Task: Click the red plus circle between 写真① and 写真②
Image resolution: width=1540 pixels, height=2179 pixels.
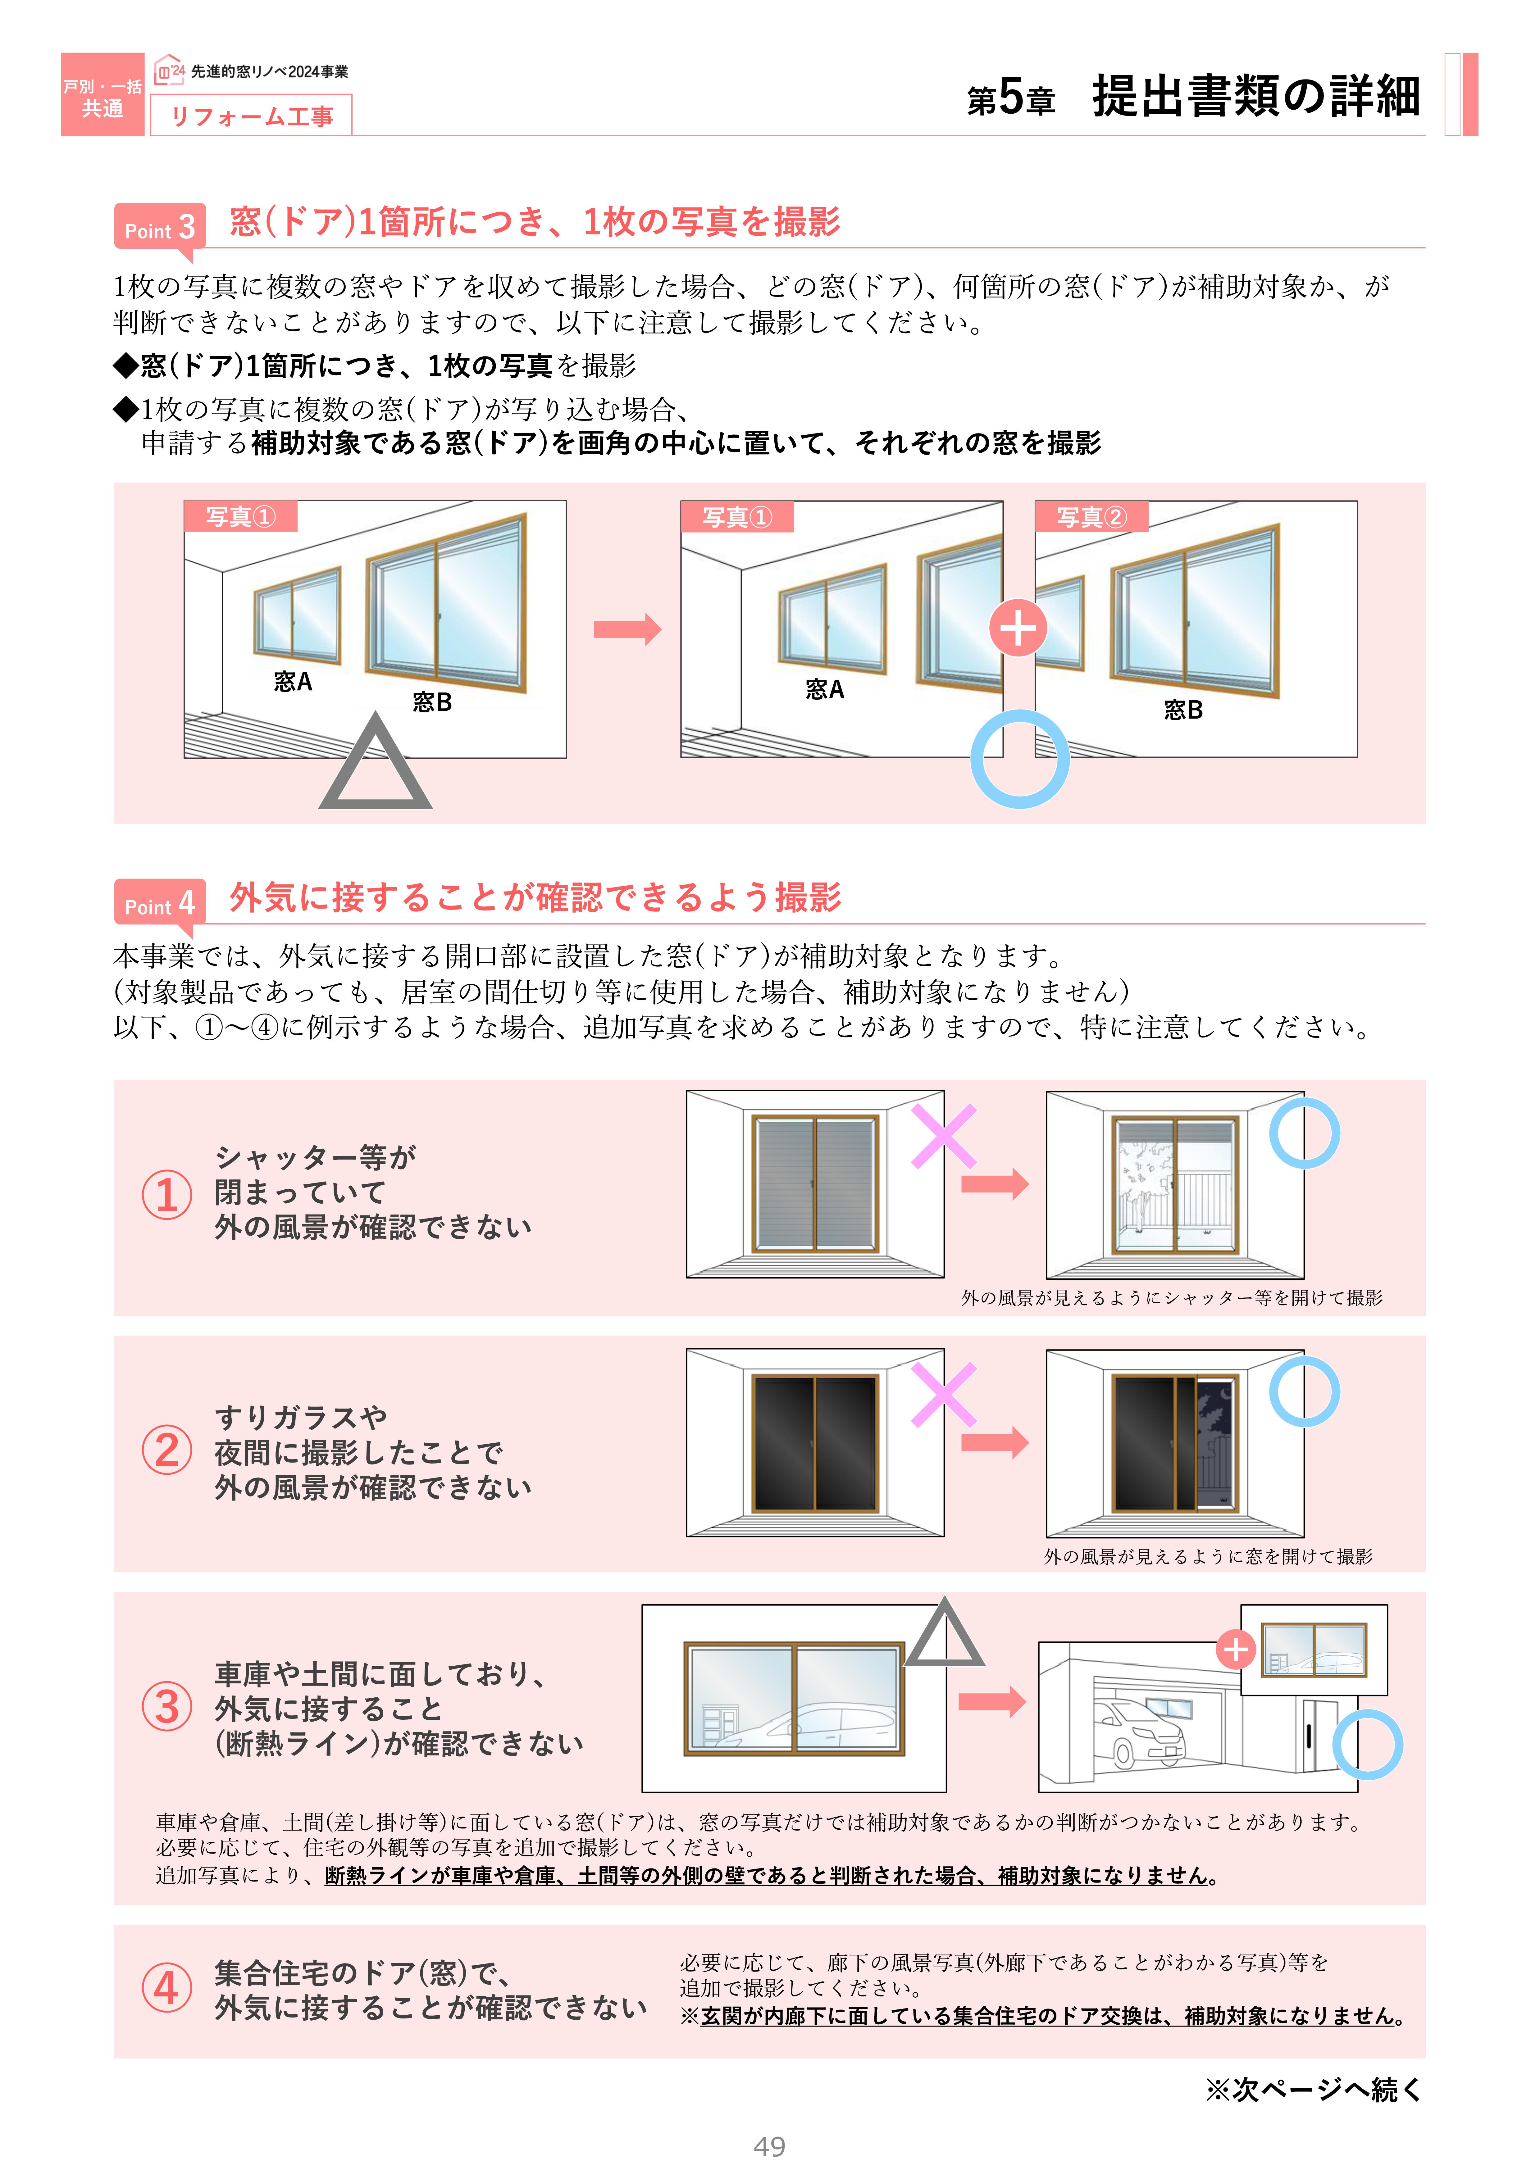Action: [1018, 627]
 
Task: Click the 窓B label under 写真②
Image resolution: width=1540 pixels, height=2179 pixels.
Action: [1183, 710]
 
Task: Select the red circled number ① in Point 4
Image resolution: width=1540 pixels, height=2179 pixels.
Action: [167, 1194]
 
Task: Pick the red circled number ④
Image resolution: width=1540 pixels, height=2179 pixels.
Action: [167, 1987]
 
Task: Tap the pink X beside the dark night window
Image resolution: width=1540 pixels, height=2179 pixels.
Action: [944, 1394]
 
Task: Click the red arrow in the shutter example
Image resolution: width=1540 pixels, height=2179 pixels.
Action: [995, 1183]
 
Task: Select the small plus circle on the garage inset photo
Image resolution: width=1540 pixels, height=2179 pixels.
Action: [1235, 1650]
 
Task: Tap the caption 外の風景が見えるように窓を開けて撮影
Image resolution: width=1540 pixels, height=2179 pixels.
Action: [1209, 1556]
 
